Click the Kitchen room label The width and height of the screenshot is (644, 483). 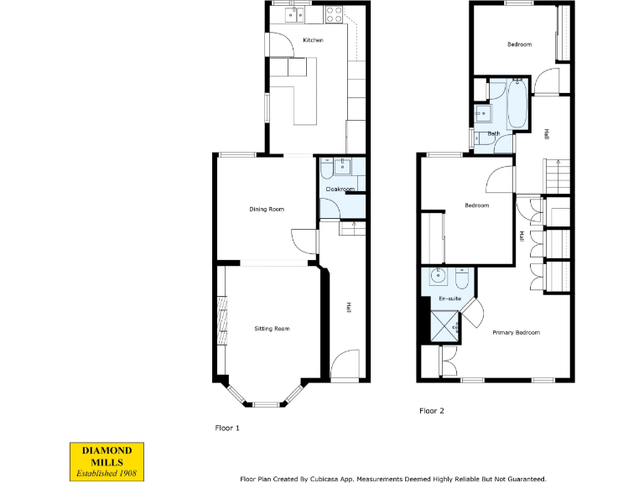pyautogui.click(x=313, y=40)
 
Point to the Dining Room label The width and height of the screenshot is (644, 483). pyautogui.click(x=267, y=209)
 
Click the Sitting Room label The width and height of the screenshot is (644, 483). pyautogui.click(x=272, y=329)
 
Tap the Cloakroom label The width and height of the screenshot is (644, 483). pyautogui.click(x=340, y=190)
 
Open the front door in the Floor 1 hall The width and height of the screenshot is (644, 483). pyautogui.click(x=345, y=366)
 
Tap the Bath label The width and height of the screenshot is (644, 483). pyautogui.click(x=494, y=133)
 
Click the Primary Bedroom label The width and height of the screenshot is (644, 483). pyautogui.click(x=516, y=333)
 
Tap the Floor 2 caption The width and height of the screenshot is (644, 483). pyautogui.click(x=431, y=411)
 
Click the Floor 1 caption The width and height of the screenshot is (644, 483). pyautogui.click(x=227, y=428)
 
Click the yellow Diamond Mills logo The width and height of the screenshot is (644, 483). pyautogui.click(x=106, y=461)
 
